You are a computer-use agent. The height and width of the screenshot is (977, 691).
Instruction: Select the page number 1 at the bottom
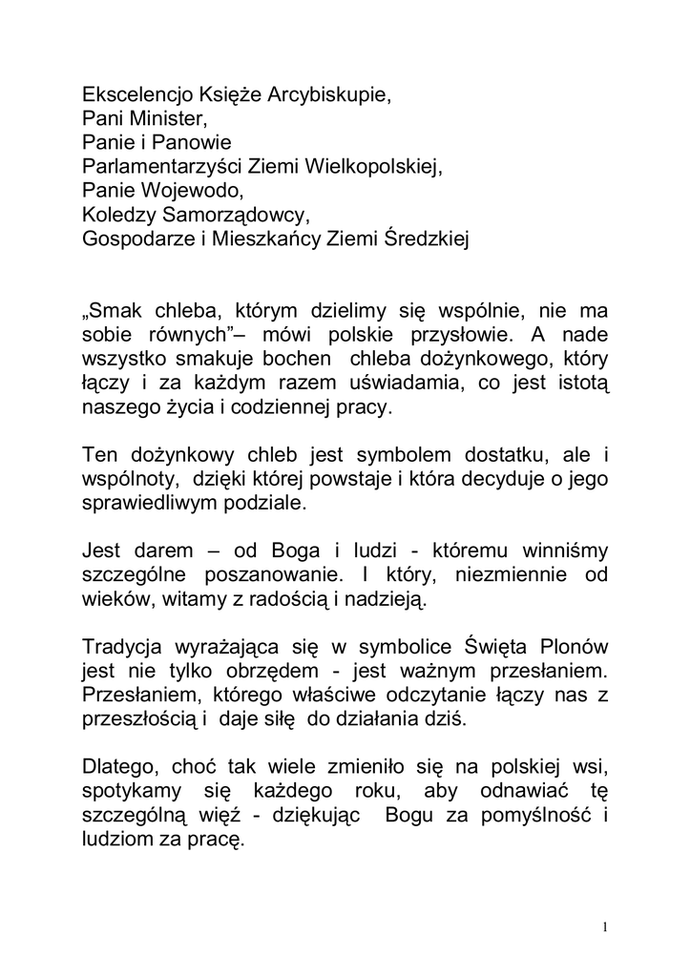pos(605,926)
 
